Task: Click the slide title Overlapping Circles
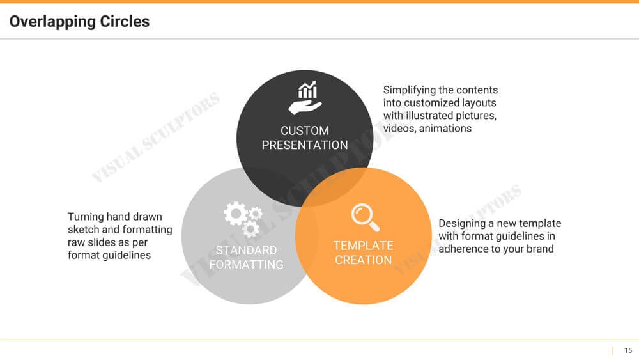(79, 22)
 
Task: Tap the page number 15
(628, 350)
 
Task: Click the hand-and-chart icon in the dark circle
(305, 98)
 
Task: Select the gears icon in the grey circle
(243, 219)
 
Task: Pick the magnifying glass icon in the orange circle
(366, 217)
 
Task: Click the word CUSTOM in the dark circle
(305, 130)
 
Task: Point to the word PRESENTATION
(305, 145)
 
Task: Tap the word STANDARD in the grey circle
(246, 250)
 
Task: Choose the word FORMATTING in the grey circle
(246, 265)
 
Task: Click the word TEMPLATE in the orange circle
(364, 246)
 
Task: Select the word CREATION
(364, 260)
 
